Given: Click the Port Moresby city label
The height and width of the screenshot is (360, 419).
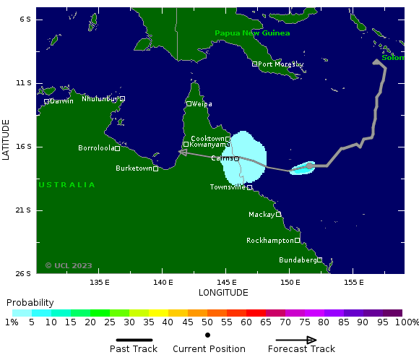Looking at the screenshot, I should click(281, 64).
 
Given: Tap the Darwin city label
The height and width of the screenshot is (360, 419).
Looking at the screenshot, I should click(61, 101).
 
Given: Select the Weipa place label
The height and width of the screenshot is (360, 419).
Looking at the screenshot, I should click(202, 103).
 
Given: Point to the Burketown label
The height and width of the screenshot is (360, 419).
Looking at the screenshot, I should click(134, 168).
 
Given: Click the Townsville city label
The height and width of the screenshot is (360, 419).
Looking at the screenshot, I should click(228, 187).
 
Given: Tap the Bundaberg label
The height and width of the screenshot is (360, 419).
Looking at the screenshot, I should click(298, 260).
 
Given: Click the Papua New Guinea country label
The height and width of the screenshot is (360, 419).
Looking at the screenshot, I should click(252, 33).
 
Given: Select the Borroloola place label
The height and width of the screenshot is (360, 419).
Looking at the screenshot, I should click(96, 148).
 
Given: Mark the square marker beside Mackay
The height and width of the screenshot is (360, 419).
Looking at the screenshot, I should click(278, 214).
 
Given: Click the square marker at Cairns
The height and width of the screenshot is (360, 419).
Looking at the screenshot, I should click(236, 158).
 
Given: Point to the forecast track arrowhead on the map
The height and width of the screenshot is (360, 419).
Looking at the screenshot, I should click(183, 152).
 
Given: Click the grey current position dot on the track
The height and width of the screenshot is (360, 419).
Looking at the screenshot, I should click(310, 166).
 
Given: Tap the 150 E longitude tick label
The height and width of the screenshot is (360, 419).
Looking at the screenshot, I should click(290, 282).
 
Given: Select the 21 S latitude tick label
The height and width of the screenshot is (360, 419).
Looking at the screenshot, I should click(25, 210).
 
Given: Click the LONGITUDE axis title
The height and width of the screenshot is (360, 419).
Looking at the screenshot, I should click(223, 293).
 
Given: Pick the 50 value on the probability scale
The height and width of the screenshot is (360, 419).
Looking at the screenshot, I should click(207, 322).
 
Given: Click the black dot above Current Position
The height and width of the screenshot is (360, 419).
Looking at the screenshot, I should click(208, 335).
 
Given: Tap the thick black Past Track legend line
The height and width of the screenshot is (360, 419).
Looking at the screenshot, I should click(134, 340).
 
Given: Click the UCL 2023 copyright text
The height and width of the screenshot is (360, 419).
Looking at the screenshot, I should click(69, 265).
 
